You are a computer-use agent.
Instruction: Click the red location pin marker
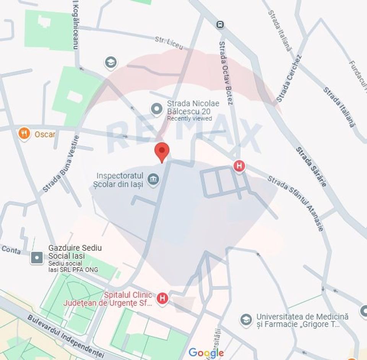pos(162,151)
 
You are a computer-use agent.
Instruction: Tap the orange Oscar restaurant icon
pos(24,134)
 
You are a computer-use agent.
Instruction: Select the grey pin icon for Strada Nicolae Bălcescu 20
pos(157,109)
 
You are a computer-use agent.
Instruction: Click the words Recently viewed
pos(189,118)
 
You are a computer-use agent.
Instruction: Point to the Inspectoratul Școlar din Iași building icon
pos(154,180)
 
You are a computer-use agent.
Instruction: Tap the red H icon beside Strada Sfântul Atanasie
pos(239,166)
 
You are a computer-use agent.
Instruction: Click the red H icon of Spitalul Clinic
pos(163,298)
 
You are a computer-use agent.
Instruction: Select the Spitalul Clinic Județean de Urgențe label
pos(128,299)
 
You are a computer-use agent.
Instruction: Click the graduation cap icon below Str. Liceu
pos(111,63)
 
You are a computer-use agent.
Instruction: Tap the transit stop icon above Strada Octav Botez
pos(220,25)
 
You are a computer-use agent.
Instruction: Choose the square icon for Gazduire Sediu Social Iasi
pos(37,258)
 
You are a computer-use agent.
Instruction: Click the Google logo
pos(206,352)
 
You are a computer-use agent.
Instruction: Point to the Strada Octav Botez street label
pos(226,73)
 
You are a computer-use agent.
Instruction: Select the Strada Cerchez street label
pos(289,78)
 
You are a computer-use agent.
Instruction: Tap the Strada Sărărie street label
pos(311,167)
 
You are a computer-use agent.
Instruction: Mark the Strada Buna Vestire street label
pos(61,164)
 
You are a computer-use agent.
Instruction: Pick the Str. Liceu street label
pos(169,43)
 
